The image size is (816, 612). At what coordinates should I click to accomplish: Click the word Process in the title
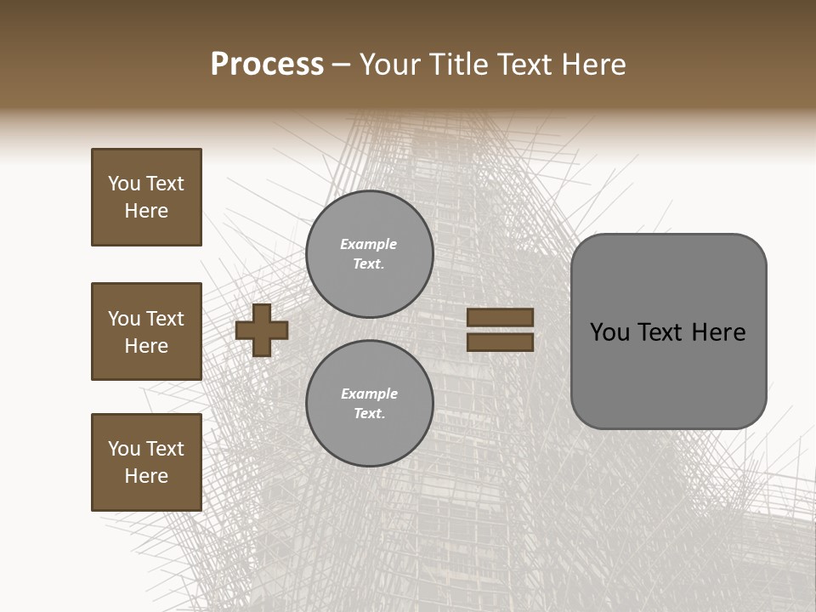(x=267, y=65)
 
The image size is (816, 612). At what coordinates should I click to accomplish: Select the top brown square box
(x=146, y=197)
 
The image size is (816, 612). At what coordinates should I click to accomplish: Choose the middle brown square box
(x=146, y=331)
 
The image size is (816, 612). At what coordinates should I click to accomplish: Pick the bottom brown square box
(x=146, y=462)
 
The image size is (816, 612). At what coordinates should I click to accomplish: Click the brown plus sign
(x=262, y=330)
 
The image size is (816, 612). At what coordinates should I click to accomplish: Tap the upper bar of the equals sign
(x=500, y=318)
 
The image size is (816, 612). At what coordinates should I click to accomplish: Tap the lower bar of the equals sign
(x=500, y=343)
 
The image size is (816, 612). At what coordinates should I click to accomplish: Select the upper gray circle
(x=369, y=254)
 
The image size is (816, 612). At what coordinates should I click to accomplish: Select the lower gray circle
(x=369, y=403)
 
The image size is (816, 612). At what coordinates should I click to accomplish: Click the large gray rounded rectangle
(x=668, y=331)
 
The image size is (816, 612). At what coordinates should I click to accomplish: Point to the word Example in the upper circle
(x=369, y=244)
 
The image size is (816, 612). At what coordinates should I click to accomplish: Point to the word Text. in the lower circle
(x=369, y=414)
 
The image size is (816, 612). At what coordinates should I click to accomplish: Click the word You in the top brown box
(x=123, y=184)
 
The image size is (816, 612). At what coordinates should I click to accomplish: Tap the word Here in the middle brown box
(x=146, y=346)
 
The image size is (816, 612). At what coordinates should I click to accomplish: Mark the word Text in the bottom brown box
(x=165, y=449)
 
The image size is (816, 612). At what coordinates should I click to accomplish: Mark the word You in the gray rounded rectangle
(x=609, y=332)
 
